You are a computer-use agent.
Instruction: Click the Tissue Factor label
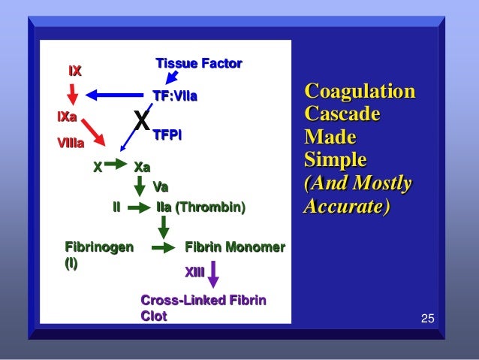pos(198,64)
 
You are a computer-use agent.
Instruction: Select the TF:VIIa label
pos(174,96)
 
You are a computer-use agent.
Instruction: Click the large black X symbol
pos(141,119)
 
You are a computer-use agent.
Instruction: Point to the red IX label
pos(74,71)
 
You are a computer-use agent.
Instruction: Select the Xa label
pos(142,167)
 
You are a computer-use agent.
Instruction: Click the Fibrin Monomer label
pos(234,247)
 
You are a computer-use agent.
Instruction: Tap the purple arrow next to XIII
pos(214,274)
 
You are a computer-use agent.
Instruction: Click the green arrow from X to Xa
pos(116,163)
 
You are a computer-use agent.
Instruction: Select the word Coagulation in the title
pos(359,93)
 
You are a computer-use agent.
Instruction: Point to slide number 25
pos(427,320)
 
